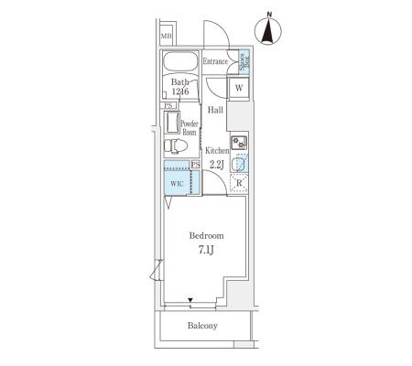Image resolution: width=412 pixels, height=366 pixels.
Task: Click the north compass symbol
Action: coord(267,29)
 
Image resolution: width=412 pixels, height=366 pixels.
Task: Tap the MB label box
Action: coord(167,36)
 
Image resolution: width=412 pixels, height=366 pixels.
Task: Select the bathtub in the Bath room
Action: coord(180,62)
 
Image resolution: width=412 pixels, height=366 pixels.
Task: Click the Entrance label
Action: coord(215,61)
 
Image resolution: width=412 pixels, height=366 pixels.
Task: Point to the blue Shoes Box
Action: coord(244,61)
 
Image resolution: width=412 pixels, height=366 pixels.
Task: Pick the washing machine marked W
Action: coord(239,88)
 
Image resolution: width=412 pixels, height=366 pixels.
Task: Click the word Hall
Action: coord(215,110)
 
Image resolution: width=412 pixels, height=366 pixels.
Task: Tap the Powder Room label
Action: coord(190,128)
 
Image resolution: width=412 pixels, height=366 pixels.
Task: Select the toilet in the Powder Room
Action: coord(176,145)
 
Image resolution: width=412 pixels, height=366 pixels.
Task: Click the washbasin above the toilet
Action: coord(172,123)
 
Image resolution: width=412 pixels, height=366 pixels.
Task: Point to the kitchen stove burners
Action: coord(239,143)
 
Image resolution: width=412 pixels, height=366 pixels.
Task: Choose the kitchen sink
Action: coord(240,164)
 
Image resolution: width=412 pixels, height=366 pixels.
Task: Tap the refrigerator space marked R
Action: coord(239,183)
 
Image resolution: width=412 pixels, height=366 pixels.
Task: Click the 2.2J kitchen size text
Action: coord(217,165)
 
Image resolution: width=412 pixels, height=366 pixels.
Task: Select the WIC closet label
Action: coord(177,184)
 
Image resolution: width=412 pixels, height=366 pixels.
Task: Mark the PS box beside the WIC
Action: coord(196,165)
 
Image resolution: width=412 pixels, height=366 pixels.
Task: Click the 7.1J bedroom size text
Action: coord(206,250)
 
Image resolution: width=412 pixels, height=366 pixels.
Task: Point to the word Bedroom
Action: coord(206,235)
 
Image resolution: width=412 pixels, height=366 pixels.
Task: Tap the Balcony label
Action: coord(202,326)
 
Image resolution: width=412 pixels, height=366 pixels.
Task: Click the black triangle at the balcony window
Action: coord(190,300)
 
